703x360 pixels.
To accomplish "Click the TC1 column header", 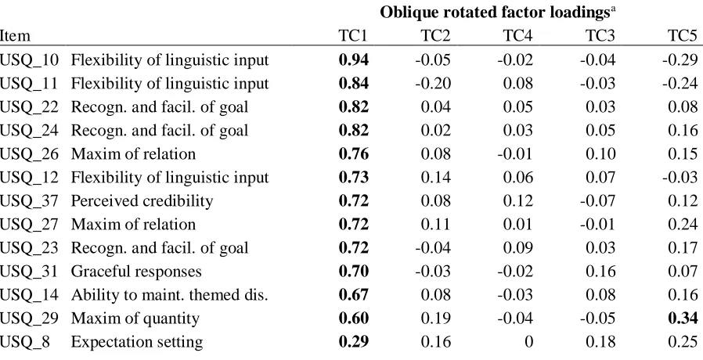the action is click(352, 36).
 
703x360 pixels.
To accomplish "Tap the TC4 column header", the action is click(517, 36).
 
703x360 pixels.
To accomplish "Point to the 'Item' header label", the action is click(15, 36).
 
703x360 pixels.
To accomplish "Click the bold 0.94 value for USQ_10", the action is click(354, 59).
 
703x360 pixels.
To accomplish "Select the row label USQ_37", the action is click(29, 201).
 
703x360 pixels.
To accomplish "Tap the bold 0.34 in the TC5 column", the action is click(683, 319).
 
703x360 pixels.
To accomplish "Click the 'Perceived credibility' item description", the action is click(142, 201).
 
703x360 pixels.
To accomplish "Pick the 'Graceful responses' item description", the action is click(136, 272).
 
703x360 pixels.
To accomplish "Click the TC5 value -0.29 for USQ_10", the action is click(680, 59).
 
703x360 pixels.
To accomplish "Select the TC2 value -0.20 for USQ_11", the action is click(433, 84).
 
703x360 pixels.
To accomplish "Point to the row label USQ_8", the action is click(25, 342).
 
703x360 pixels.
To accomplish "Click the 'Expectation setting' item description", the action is click(137, 342).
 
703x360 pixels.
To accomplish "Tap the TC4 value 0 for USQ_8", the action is click(528, 342).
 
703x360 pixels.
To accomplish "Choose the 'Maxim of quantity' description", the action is click(135, 319).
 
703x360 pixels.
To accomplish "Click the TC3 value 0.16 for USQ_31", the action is click(600, 272).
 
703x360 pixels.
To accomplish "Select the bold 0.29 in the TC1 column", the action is click(354, 342).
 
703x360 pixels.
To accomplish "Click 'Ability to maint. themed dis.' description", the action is click(169, 295).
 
